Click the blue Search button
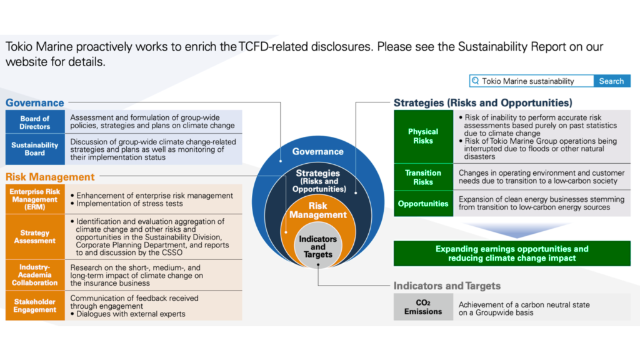click(x=611, y=81)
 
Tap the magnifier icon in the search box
click(x=476, y=81)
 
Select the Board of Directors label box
click(x=35, y=122)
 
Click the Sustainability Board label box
click(x=35, y=149)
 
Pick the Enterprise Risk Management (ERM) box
click(x=35, y=199)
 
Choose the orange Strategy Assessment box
click(x=35, y=237)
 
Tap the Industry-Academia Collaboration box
click(x=35, y=275)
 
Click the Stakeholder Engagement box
click(x=35, y=306)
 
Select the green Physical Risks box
click(x=423, y=136)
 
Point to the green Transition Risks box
click(x=423, y=177)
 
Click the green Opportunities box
click(x=423, y=204)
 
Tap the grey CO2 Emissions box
click(x=423, y=307)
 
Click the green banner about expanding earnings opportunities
click(x=512, y=253)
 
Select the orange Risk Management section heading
click(x=50, y=177)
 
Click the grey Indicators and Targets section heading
click(x=447, y=286)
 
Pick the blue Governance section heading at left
click(x=35, y=102)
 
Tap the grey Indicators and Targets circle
click(x=317, y=246)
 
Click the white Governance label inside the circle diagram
click(x=317, y=151)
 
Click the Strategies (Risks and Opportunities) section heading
click(x=482, y=102)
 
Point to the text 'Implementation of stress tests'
click(x=129, y=204)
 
